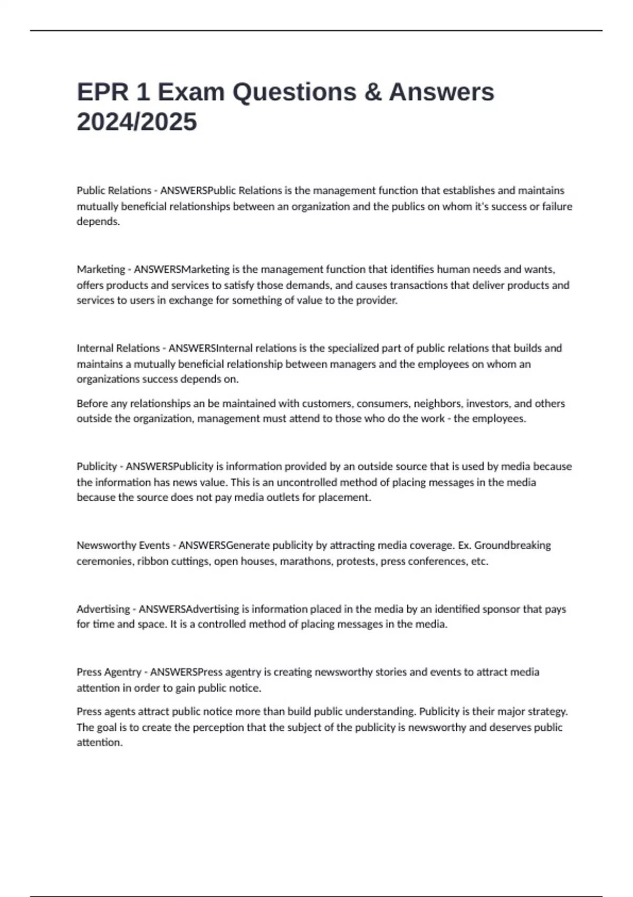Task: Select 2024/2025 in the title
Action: (137, 122)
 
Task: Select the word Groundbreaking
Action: (512, 545)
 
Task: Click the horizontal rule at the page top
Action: (316, 31)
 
